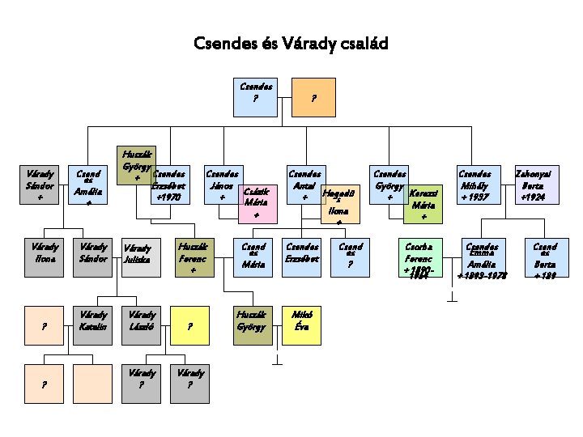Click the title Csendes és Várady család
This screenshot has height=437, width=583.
click(x=291, y=43)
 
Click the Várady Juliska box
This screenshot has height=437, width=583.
click(x=141, y=257)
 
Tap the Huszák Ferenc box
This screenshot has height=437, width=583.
click(x=194, y=257)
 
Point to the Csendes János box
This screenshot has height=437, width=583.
click(x=223, y=185)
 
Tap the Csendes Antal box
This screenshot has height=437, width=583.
click(x=304, y=185)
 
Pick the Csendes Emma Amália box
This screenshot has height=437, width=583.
click(x=483, y=257)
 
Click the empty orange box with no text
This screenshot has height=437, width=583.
click(x=92, y=384)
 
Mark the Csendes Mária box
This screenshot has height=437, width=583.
click(x=253, y=257)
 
